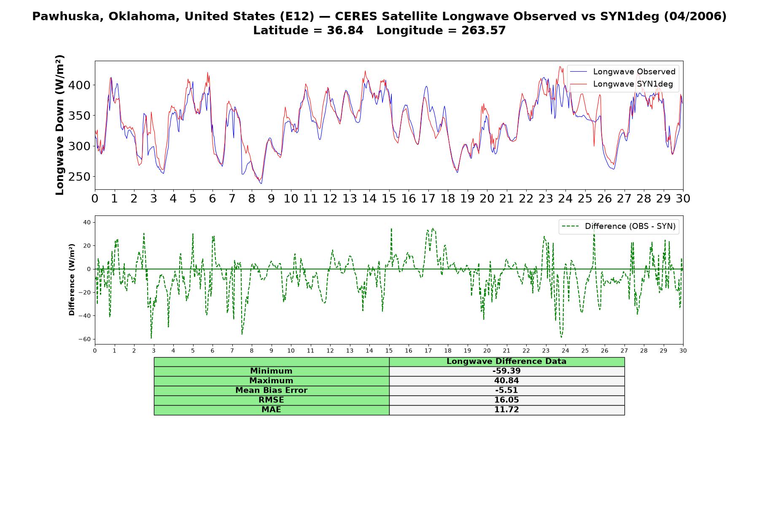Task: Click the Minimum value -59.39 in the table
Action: point(506,371)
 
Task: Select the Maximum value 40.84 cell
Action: point(506,381)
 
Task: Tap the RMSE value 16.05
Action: point(506,400)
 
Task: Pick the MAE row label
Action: point(271,410)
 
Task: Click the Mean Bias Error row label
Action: point(271,390)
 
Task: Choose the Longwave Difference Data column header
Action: point(506,361)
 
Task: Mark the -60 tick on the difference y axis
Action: point(85,339)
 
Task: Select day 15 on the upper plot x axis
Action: point(389,199)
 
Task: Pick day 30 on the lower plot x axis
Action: point(683,350)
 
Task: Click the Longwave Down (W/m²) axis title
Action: point(59,125)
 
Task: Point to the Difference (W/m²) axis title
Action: point(72,280)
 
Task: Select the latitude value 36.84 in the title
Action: point(345,30)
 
